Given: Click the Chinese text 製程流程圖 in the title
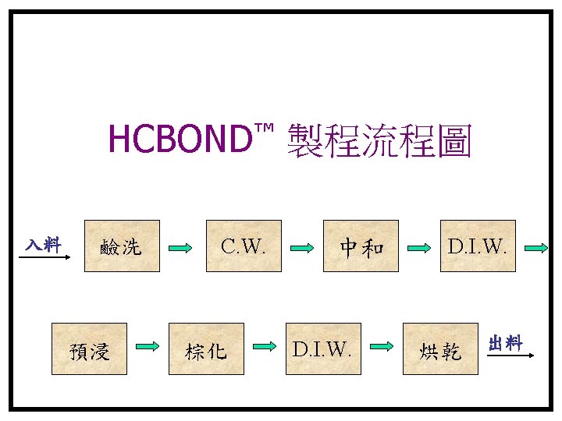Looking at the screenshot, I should point(379,140).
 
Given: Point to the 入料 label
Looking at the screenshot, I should point(42,244).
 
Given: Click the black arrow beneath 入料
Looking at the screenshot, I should point(44,256).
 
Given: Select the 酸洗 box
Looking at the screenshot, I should point(122,246).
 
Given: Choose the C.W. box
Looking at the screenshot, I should point(244,246).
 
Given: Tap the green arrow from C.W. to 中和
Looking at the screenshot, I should point(301,249).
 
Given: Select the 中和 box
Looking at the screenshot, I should point(361,246).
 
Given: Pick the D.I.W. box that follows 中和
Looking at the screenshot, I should point(478,246).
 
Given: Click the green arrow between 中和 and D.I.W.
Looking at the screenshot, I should point(418,249).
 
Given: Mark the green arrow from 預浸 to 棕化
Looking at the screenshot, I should point(148,345).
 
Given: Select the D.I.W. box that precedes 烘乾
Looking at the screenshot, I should point(322,349).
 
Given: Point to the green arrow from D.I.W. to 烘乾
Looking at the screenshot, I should point(381,345).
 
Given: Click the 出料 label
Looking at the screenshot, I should point(505,343).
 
